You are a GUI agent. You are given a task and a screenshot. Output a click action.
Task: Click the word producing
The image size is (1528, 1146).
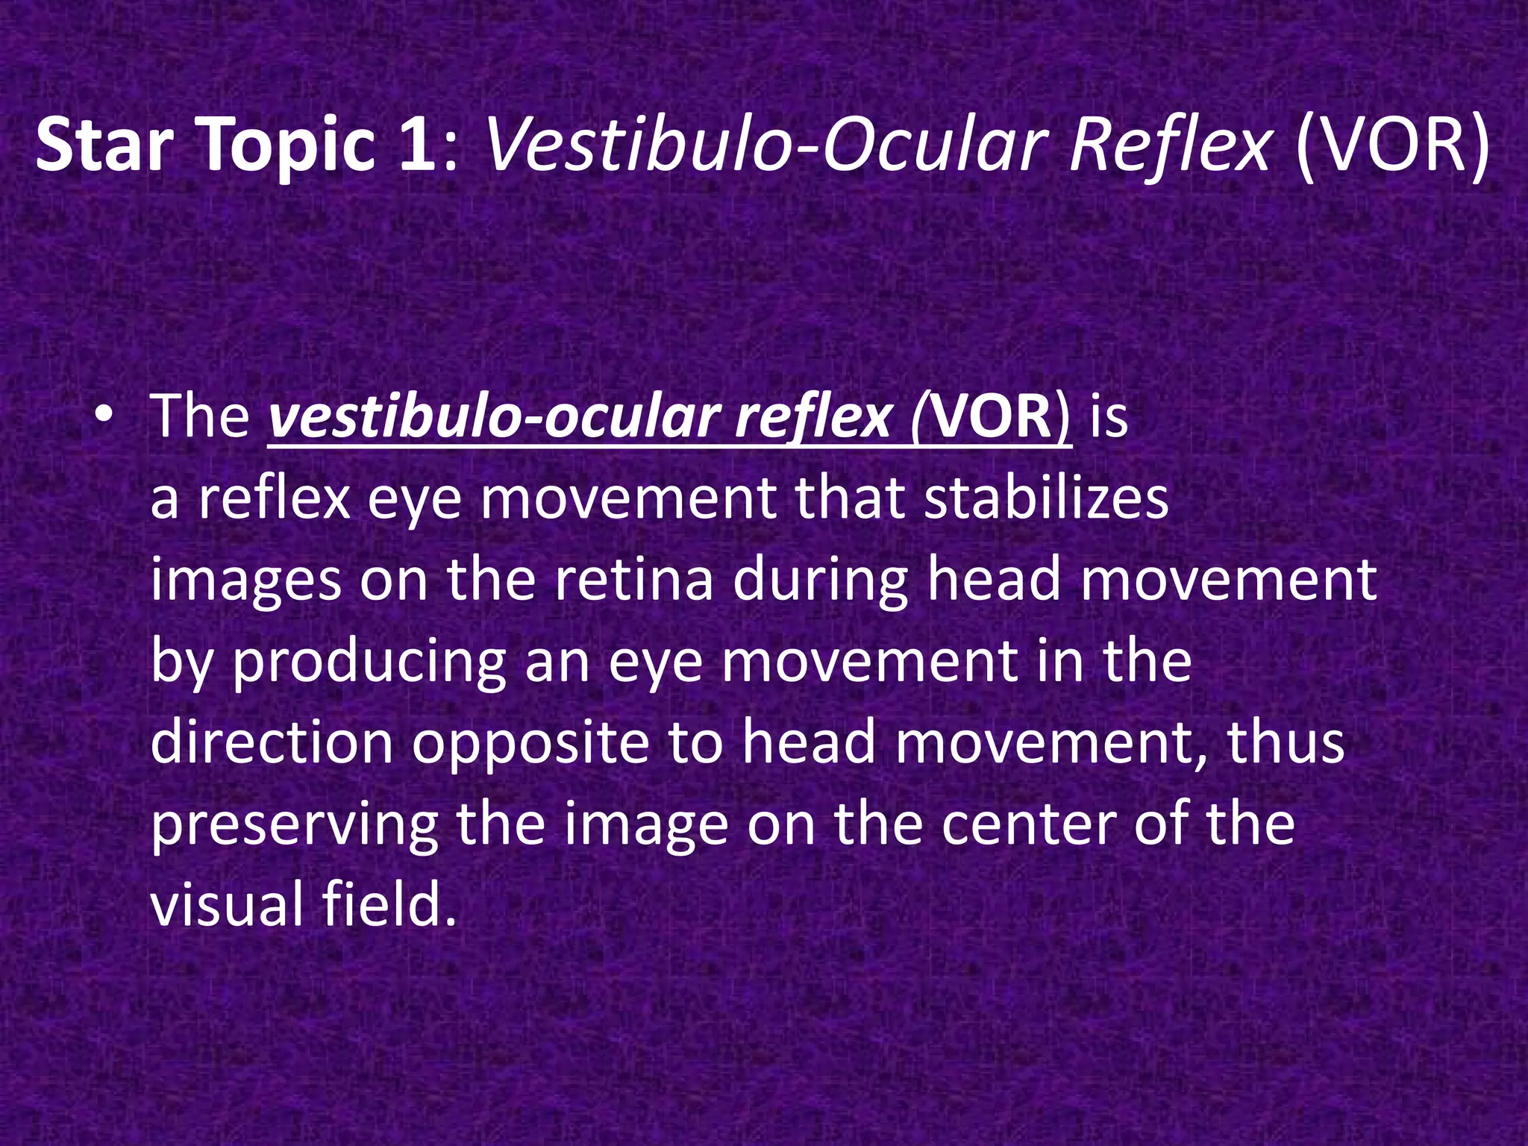370,662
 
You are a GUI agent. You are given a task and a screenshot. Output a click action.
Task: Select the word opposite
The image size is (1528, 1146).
530,744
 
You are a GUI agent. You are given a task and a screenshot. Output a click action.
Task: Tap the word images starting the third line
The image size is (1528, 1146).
245,581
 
